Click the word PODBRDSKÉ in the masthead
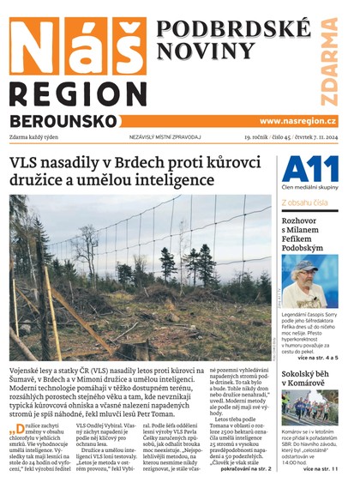click(229, 28)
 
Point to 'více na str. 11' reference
click(327, 469)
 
